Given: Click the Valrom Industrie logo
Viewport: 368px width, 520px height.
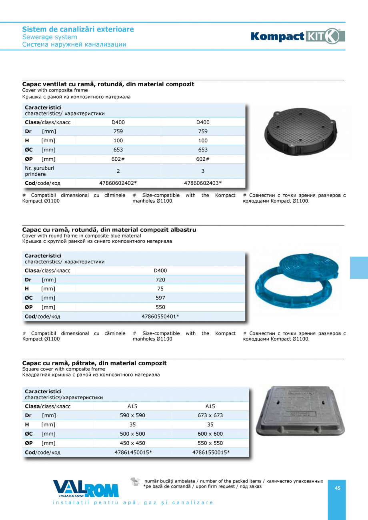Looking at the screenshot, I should [x=86, y=489].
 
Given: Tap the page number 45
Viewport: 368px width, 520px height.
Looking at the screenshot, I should [x=338, y=488].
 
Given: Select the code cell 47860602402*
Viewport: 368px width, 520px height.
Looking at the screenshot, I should [x=118, y=183].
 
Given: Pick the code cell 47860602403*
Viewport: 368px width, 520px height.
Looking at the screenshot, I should [x=203, y=183].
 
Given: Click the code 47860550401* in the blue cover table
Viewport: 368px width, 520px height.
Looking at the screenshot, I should [x=160, y=317].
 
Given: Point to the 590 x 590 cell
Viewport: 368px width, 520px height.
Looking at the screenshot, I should [x=132, y=415].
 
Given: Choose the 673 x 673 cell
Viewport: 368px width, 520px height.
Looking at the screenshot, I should [x=210, y=415].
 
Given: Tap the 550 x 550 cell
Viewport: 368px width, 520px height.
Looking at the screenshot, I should [x=210, y=443].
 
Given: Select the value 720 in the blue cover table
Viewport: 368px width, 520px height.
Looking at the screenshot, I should [x=160, y=279].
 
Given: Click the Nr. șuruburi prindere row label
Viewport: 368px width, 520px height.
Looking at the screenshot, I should [x=39, y=171].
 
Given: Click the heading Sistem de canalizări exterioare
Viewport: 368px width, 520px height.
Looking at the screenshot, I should [x=78, y=29].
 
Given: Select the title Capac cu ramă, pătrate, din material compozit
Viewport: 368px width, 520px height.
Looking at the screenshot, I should [x=94, y=363].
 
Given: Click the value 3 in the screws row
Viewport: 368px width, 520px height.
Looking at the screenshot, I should [x=203, y=171].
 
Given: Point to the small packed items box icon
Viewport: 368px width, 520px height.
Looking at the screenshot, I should [x=136, y=482].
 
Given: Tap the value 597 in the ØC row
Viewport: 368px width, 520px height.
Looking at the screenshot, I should [x=160, y=298].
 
